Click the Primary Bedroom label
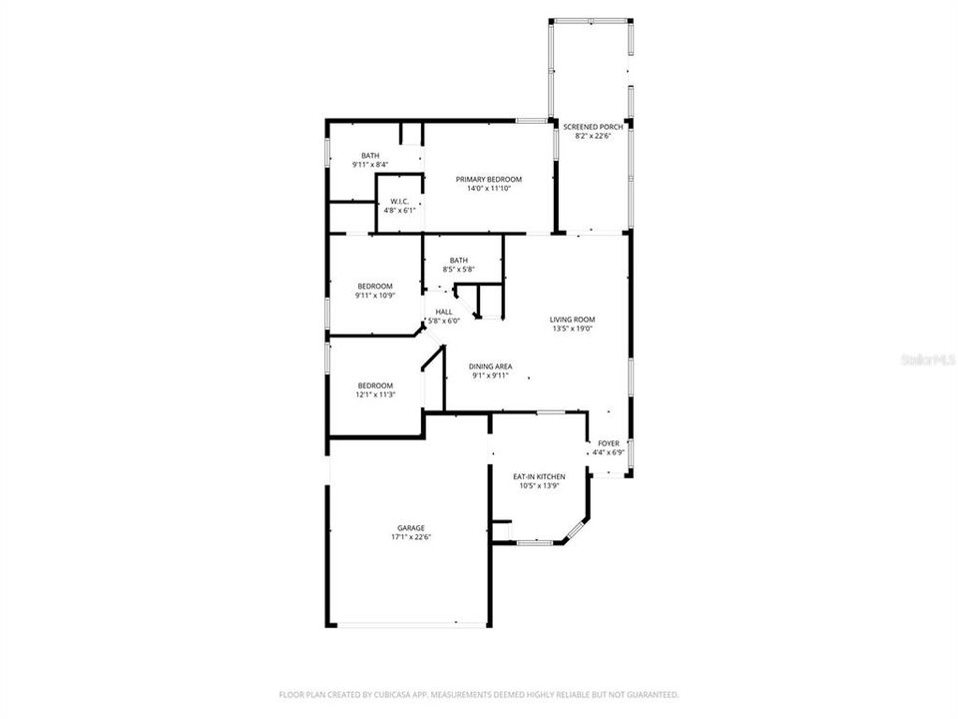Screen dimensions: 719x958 (489, 179)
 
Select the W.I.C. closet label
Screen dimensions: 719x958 (399, 201)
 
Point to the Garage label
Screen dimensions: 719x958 (410, 527)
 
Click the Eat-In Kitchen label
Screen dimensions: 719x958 (539, 476)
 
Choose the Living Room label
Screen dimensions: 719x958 (572, 320)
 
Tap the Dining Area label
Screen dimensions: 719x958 (489, 365)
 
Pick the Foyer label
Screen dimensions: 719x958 (608, 442)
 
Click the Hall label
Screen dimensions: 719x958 (444, 312)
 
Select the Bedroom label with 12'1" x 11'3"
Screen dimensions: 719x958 (376, 385)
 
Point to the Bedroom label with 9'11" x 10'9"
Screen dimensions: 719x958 (375, 286)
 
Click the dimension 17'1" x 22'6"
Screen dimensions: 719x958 (410, 537)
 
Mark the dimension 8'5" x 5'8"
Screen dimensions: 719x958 (459, 270)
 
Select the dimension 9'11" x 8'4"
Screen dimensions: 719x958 (370, 164)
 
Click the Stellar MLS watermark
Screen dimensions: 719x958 (927, 357)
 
